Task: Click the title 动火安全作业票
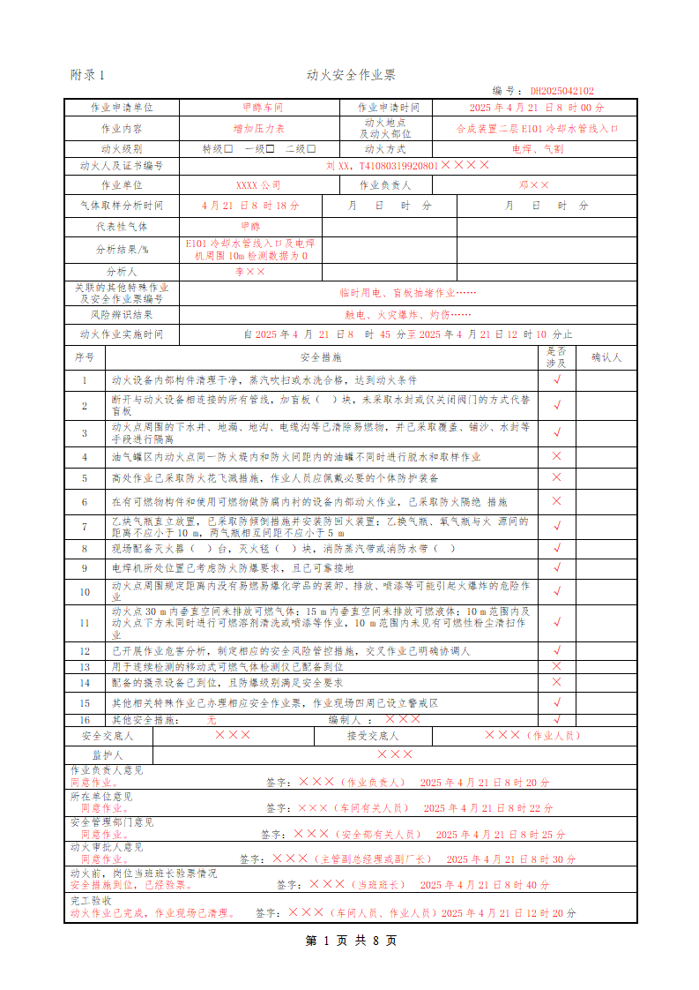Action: tap(350, 75)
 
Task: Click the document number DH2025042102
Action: tap(561, 91)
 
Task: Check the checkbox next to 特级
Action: tap(228, 149)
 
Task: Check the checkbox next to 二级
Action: tap(311, 149)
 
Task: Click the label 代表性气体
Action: tap(122, 227)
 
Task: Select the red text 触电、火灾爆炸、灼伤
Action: tap(406, 314)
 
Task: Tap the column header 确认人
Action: tap(606, 358)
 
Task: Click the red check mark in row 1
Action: tap(556, 380)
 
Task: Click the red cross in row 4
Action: tap(556, 456)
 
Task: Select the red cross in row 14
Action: tap(556, 682)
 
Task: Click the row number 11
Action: tap(85, 623)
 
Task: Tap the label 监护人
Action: tap(108, 754)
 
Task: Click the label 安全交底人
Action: tap(108, 735)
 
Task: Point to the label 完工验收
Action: tap(91, 901)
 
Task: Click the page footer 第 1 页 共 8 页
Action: tap(350, 941)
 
